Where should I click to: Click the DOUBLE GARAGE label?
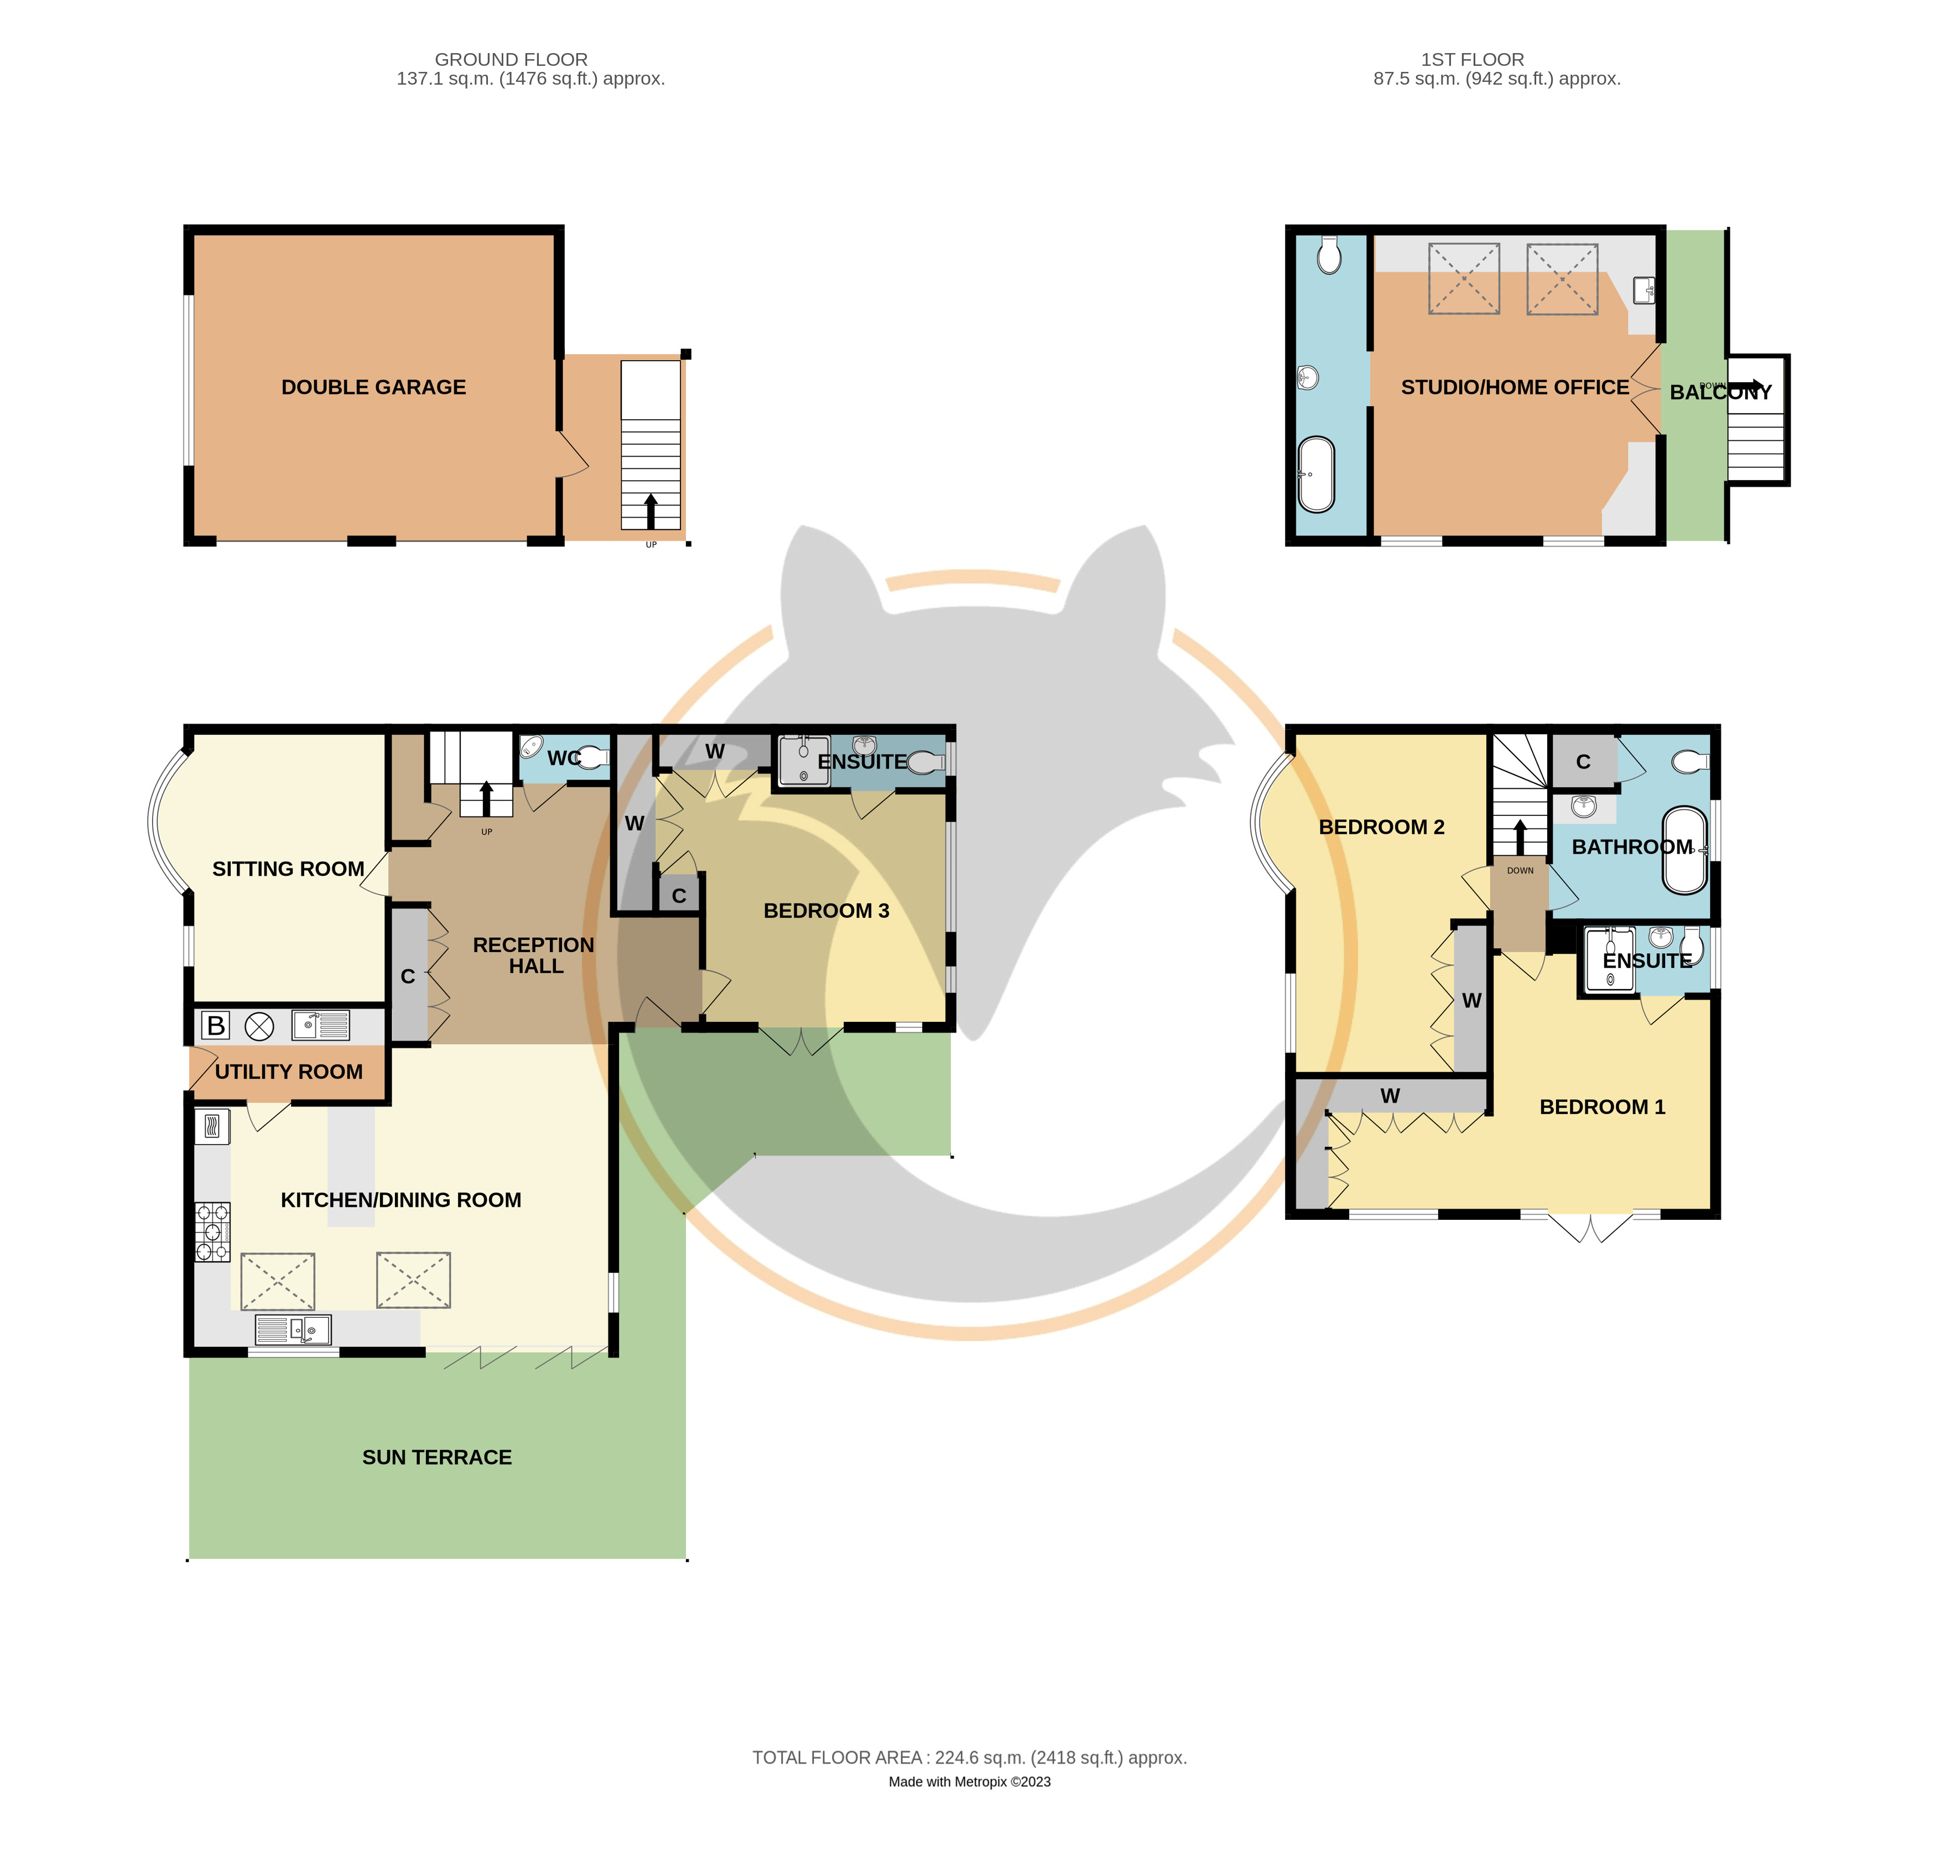click(x=373, y=387)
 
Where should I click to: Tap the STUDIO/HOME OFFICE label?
click(x=1515, y=387)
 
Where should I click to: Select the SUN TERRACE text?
click(x=436, y=1457)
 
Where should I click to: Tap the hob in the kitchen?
click(x=213, y=1231)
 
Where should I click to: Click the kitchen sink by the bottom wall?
click(x=293, y=1328)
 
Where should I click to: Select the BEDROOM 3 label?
click(x=826, y=911)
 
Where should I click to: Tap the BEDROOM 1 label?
click(x=1603, y=1107)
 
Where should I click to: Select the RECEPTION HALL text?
click(x=534, y=955)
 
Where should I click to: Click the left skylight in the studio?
click(x=1464, y=279)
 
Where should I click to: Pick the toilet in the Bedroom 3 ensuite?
click(x=925, y=762)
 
